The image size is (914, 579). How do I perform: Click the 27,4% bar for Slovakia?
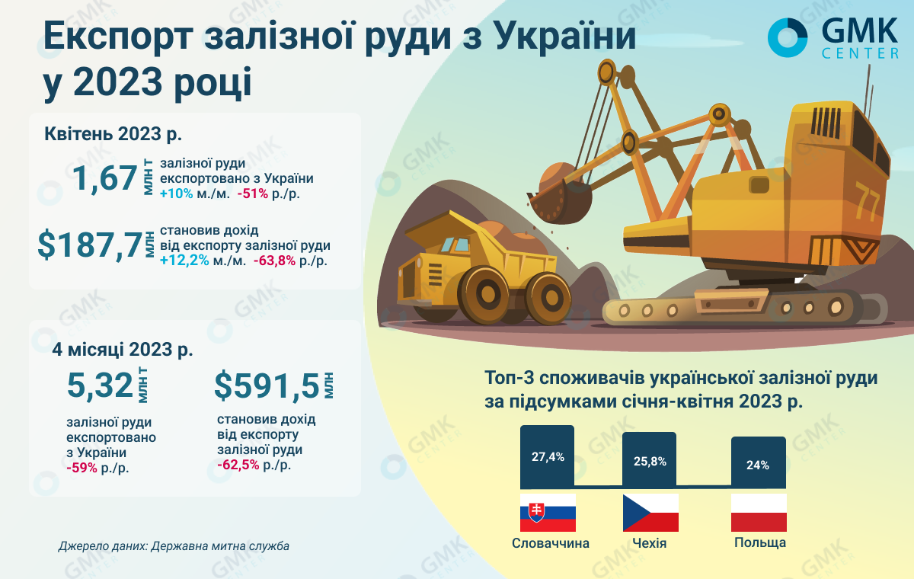[x=547, y=456]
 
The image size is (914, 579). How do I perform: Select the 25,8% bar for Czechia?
[x=649, y=459]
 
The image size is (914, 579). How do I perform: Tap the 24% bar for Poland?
[x=758, y=462]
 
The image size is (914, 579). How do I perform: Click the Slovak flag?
[x=548, y=513]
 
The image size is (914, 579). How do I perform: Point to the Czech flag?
[x=650, y=513]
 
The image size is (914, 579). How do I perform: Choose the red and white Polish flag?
[x=759, y=513]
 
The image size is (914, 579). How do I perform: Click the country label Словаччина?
[x=551, y=543]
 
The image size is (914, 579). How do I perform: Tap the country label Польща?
[x=760, y=542]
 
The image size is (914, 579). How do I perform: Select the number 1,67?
[x=105, y=178]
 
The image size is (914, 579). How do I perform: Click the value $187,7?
[x=90, y=245]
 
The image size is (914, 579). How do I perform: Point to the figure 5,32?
[x=101, y=385]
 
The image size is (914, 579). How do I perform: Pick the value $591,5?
[x=267, y=386]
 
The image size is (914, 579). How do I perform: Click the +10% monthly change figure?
[x=176, y=194]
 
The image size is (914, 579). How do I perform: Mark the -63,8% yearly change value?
[x=274, y=261]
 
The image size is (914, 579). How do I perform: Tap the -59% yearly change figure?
[x=81, y=468]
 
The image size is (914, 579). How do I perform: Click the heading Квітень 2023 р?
[x=113, y=133]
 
